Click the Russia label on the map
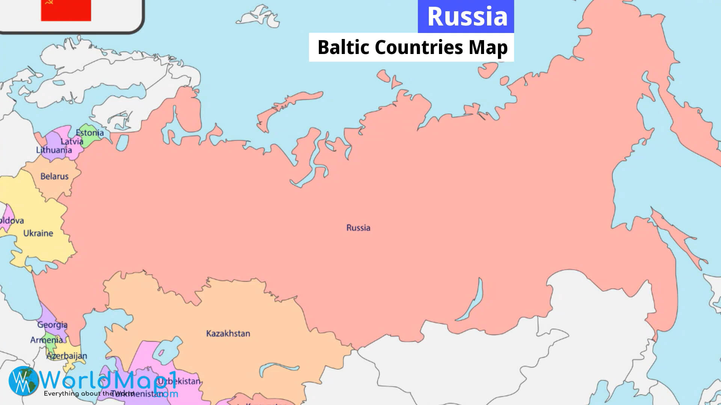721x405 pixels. point(358,228)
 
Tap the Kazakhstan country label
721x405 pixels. point(228,333)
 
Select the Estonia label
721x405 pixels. point(90,133)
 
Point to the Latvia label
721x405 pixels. point(72,141)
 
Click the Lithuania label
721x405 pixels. point(54,150)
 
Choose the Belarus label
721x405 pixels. point(54,176)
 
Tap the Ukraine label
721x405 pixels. point(38,233)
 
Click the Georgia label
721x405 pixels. point(52,325)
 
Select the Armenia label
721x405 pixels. point(46,340)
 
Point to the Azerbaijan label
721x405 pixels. point(66,355)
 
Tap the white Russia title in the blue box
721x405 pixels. point(467,16)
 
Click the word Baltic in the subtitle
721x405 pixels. point(343,48)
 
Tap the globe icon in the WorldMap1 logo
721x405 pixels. point(23,380)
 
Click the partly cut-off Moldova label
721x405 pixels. point(11,220)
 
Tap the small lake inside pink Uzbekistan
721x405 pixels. point(161,353)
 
